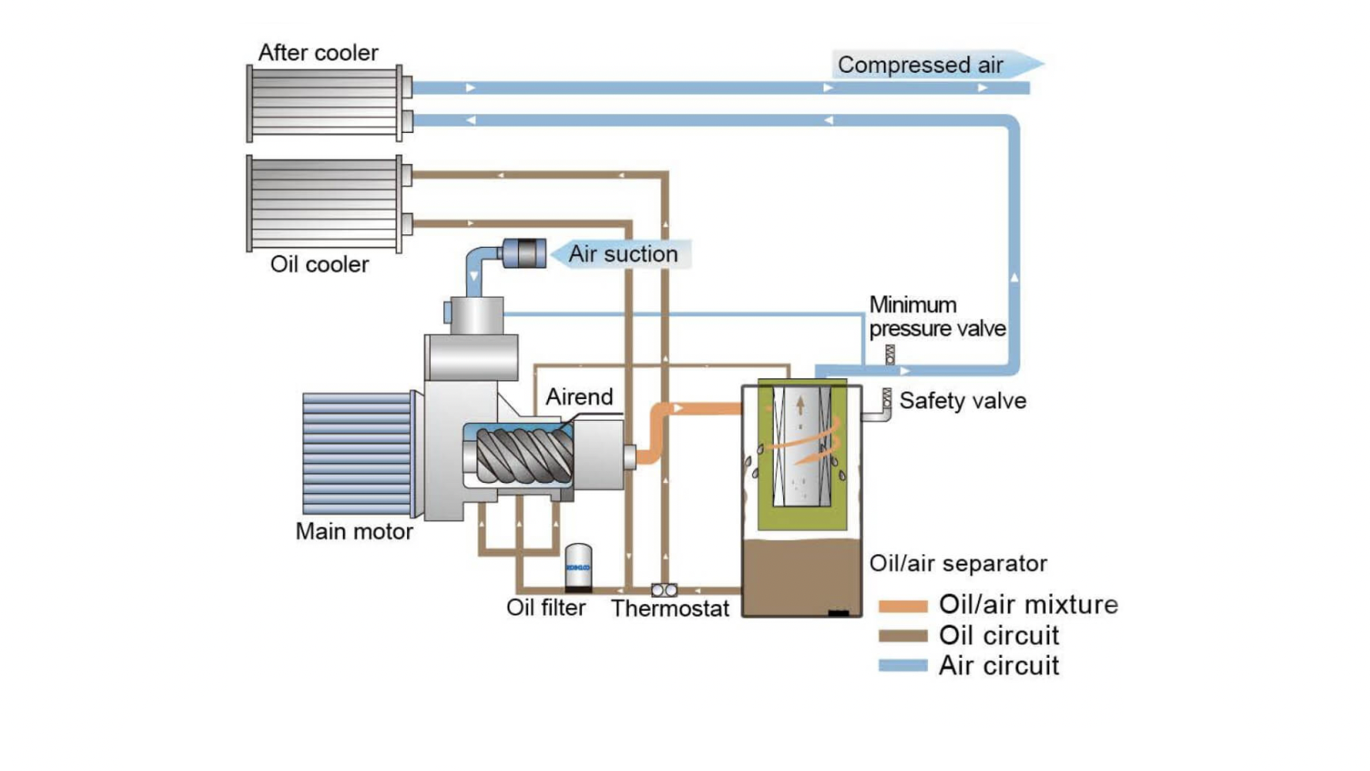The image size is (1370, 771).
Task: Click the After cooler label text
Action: [x=318, y=53]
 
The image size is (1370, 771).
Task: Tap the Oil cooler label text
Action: [x=319, y=264]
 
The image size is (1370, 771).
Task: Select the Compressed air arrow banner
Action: [x=934, y=65]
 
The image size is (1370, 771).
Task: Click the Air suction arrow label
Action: [x=622, y=254]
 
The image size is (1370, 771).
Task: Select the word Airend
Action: [x=579, y=397]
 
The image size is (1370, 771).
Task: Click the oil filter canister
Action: [x=578, y=567]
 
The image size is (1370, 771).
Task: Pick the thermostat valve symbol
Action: [x=664, y=590]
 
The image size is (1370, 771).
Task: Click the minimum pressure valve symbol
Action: [x=890, y=354]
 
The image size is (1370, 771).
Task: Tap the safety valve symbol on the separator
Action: [x=886, y=399]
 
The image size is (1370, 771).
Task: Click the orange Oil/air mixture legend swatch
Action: [x=903, y=606]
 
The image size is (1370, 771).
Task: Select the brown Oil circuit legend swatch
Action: [x=903, y=636]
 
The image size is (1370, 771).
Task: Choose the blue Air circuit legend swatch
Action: [x=903, y=666]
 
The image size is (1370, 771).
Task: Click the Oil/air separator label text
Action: [x=957, y=564]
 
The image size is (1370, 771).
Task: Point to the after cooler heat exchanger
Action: [x=325, y=103]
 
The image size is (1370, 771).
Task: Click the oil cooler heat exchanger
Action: [x=325, y=203]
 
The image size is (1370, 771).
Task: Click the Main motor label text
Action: [x=354, y=531]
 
